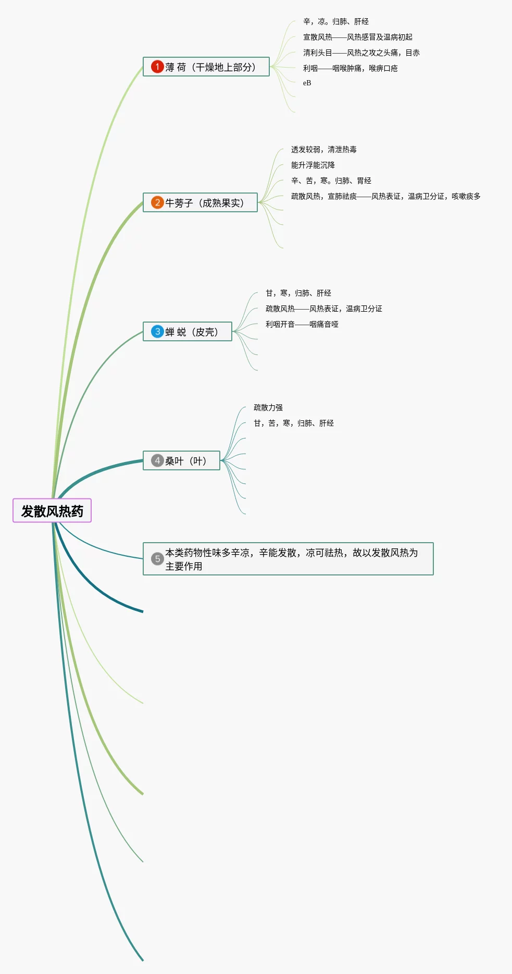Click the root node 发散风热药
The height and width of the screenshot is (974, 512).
coord(52,511)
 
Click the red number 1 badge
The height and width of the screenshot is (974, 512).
coord(157,67)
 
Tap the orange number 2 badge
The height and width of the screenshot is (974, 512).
coord(157,202)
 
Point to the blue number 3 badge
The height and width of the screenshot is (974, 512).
coord(157,331)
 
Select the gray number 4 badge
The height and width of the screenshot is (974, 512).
coord(157,460)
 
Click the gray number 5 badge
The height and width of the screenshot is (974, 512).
coord(157,559)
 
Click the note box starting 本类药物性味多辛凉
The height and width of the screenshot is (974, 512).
coord(292,559)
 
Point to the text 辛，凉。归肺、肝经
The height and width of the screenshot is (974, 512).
coord(335,22)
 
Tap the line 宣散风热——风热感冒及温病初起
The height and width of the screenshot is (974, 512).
coord(357,37)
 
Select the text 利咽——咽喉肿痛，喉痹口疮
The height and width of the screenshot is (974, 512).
coord(350,69)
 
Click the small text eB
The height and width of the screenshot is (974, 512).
coord(307,83)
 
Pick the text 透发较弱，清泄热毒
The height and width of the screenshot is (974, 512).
coord(323,150)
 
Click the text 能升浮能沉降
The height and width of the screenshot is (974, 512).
coord(313,165)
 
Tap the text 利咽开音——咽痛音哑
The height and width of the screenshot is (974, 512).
coord(302,325)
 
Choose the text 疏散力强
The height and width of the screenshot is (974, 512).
coord(268,408)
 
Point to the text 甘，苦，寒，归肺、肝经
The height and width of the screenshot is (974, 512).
coord(293,424)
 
